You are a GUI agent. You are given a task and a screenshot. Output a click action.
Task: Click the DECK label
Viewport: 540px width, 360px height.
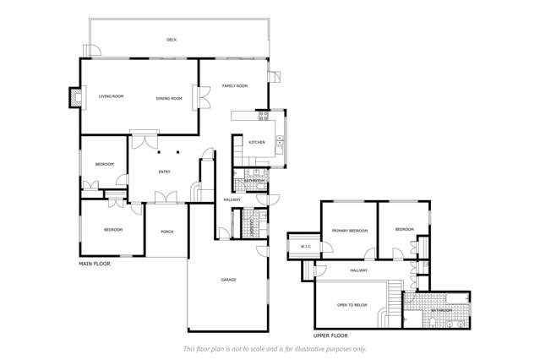[172, 40]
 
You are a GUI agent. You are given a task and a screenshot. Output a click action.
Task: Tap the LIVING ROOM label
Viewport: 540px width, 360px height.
[111, 97]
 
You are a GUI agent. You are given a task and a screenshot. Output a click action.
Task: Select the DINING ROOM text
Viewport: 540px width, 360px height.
[169, 99]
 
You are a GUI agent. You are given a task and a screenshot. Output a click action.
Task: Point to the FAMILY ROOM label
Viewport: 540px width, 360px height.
[234, 86]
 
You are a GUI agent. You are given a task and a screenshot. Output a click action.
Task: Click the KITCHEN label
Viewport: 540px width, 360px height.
[256, 142]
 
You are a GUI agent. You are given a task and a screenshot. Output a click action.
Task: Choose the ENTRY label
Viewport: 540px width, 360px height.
[164, 172]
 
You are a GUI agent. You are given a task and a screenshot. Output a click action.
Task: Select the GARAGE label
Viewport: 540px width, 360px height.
[228, 280]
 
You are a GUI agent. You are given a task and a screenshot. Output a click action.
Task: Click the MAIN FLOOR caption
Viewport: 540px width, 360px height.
[95, 264]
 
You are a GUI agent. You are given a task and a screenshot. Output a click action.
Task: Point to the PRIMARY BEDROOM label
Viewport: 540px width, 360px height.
[348, 230]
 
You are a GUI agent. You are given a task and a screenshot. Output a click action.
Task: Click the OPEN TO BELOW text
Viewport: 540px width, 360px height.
[351, 304]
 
